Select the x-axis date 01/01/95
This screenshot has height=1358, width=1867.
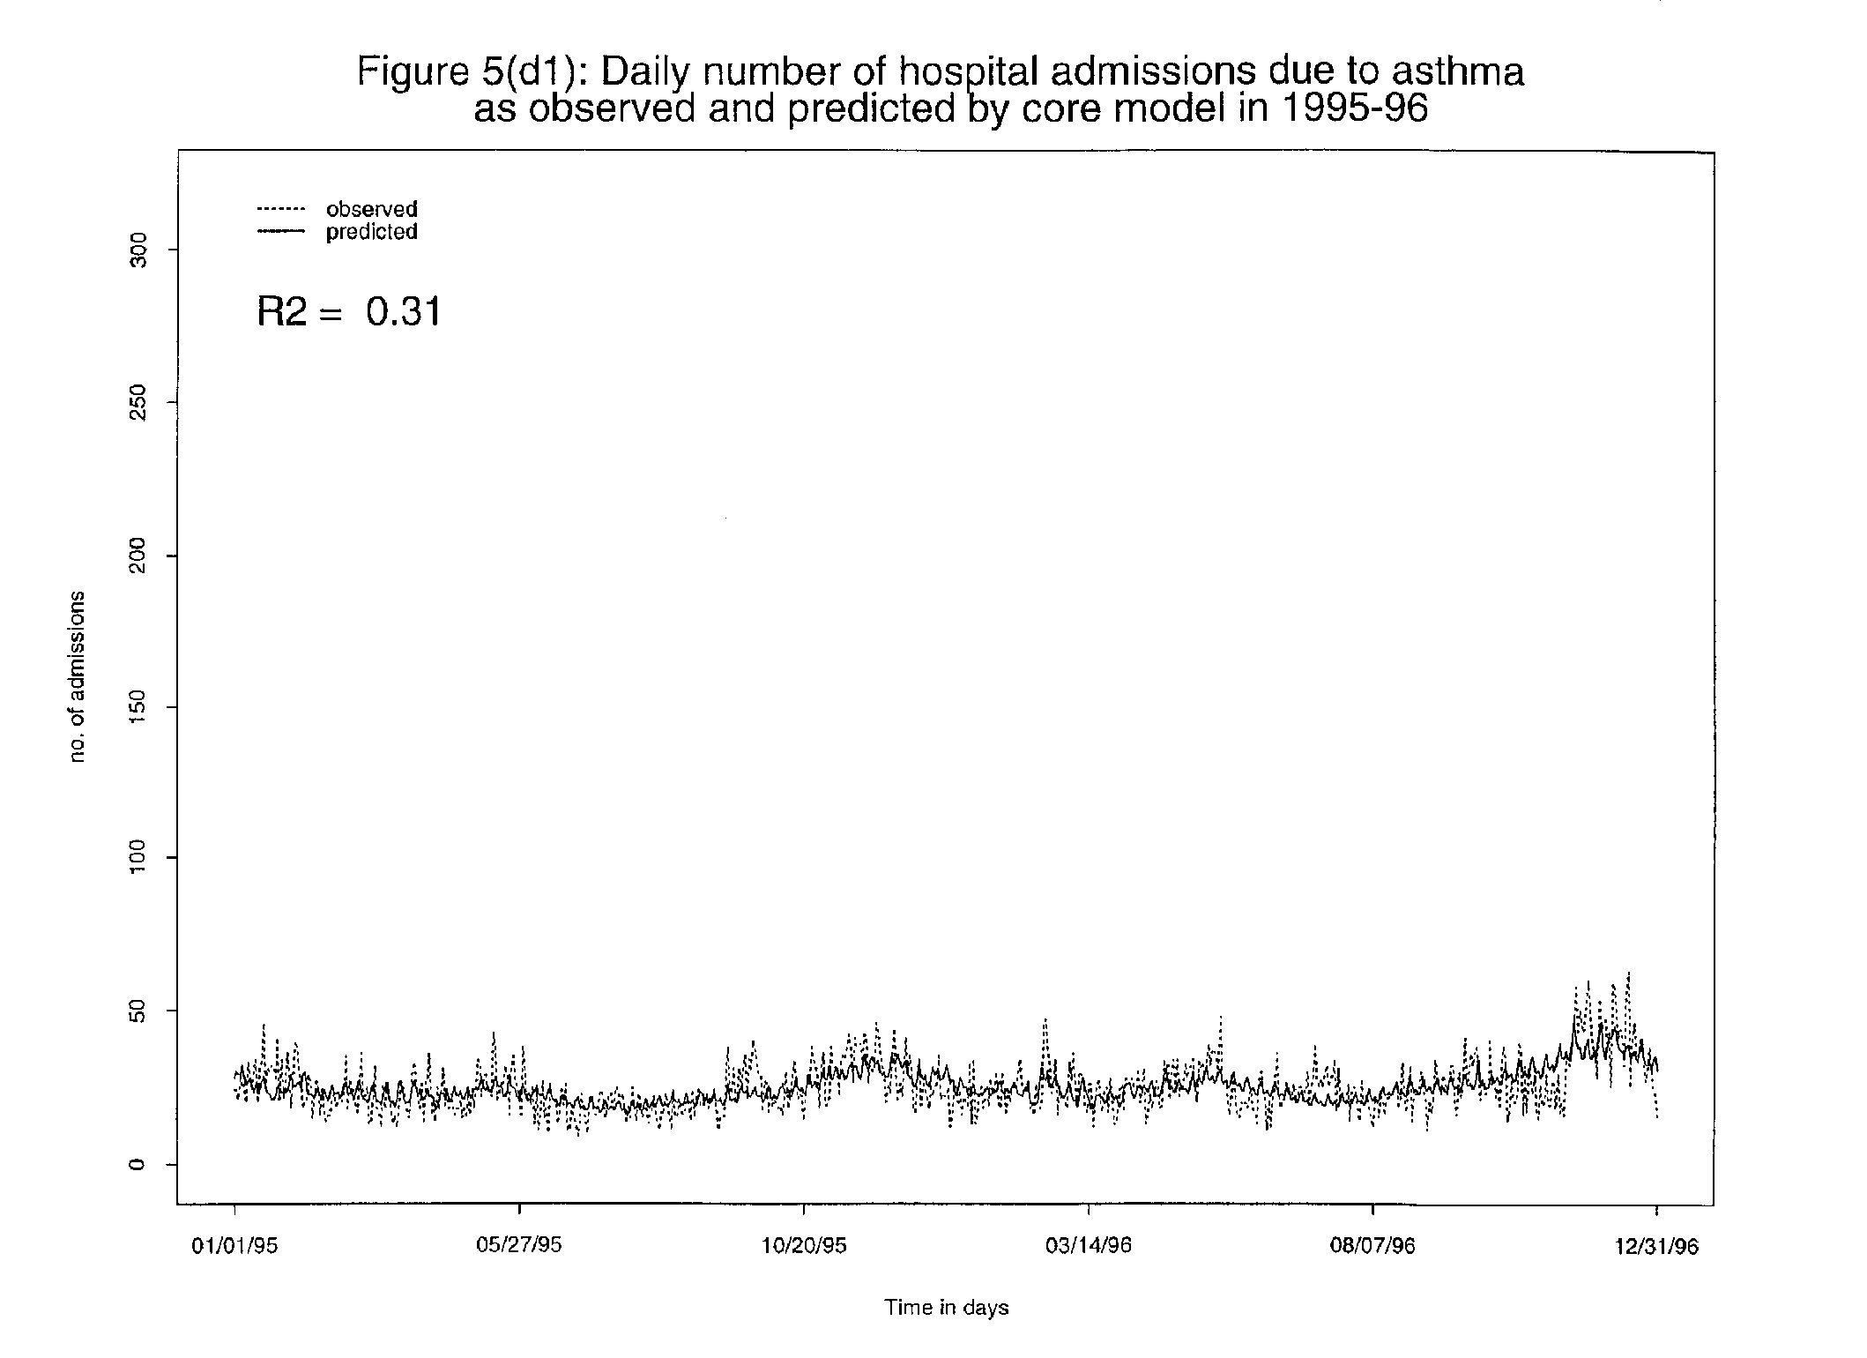pos(234,1246)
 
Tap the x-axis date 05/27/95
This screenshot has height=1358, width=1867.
pos(519,1245)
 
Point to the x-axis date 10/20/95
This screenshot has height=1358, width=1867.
pos(804,1246)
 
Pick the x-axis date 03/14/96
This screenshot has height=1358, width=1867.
pos(1089,1246)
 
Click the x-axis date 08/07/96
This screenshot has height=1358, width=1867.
pos(1372,1246)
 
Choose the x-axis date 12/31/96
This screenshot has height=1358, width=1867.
pos(1656,1246)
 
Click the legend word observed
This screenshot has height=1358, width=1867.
pos(371,209)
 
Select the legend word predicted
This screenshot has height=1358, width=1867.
pos(371,232)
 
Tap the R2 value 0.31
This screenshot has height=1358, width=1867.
pos(404,311)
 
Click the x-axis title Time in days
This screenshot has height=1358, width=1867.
pos(946,1308)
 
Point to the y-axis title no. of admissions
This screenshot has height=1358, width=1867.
pos(78,676)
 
